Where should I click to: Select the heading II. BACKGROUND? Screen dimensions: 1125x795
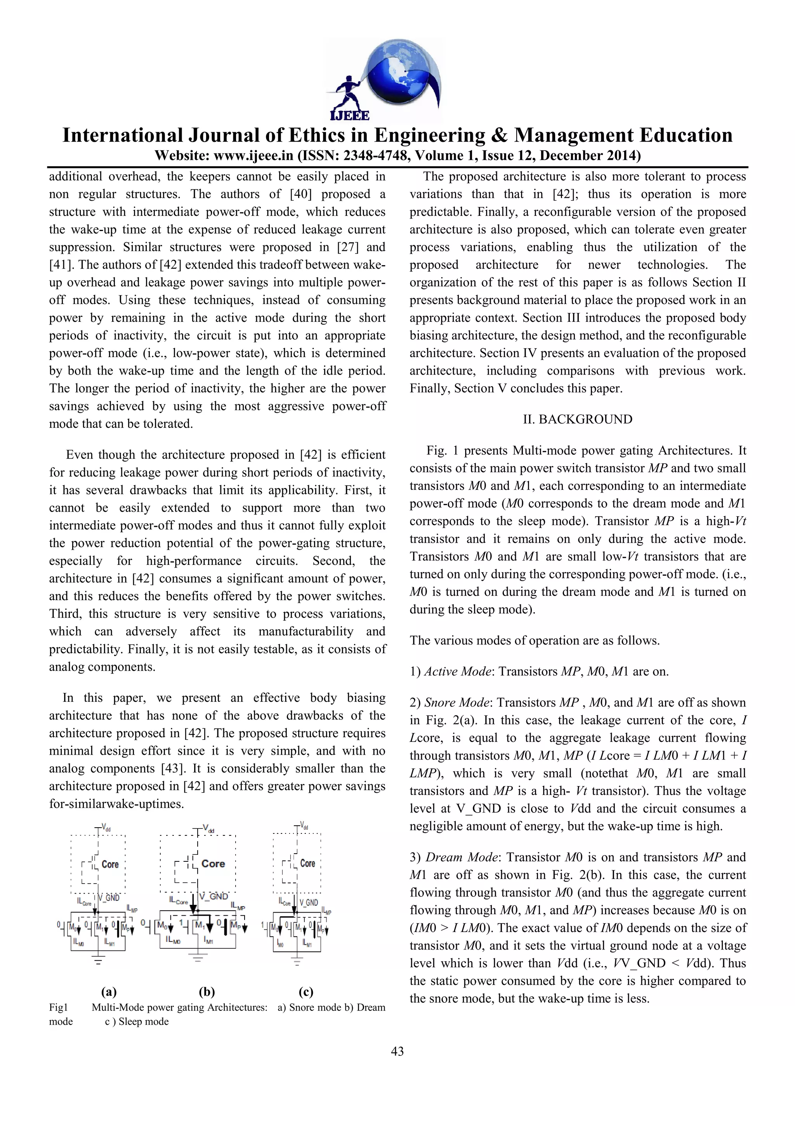tap(578, 419)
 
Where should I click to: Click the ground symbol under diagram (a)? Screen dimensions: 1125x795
tap(99, 961)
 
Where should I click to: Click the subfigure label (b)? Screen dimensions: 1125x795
tap(207, 992)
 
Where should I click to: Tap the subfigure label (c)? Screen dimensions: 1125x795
tap(306, 992)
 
